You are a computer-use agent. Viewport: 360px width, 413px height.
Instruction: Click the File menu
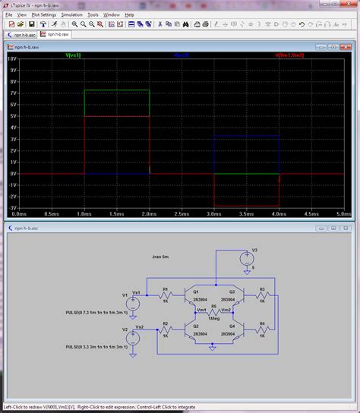click(x=8, y=14)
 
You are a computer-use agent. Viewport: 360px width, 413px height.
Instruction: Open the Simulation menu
click(x=72, y=14)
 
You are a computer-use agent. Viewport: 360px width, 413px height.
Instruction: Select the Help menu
click(x=130, y=14)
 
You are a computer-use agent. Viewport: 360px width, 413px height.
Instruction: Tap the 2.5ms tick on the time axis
click(x=182, y=214)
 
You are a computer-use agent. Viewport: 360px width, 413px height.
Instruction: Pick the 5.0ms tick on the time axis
click(x=344, y=214)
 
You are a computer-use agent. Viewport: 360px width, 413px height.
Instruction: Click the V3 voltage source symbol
click(x=247, y=260)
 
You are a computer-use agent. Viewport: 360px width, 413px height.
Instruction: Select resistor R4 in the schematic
click(x=261, y=329)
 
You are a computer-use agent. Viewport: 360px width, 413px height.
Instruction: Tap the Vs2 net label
click(x=139, y=326)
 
